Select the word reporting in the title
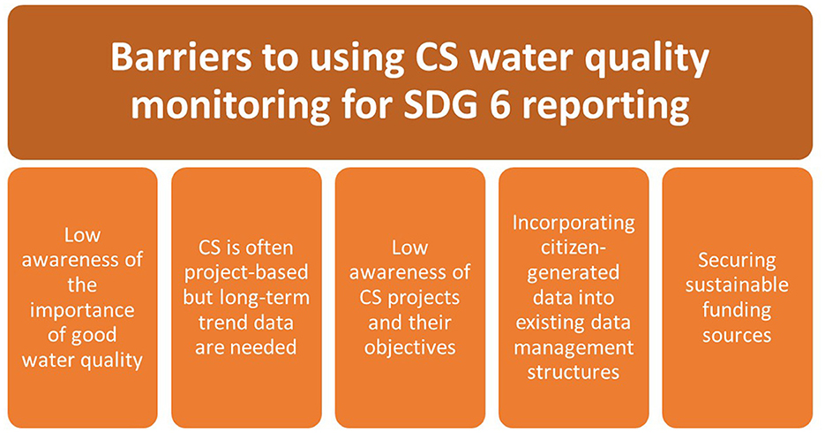point(605,108)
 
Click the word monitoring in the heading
point(231,108)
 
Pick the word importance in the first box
point(82,311)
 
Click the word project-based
point(245,274)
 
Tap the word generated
point(574,274)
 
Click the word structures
point(574,373)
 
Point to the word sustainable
point(737,285)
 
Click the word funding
point(737,311)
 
